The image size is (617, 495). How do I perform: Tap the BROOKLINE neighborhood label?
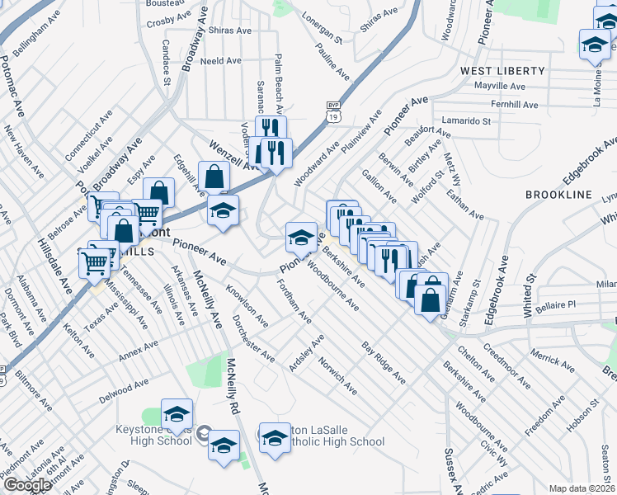[x=558, y=194]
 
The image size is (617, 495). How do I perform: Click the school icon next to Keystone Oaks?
[x=177, y=412]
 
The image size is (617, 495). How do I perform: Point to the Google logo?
[x=27, y=484]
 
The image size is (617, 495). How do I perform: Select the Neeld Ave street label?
[x=220, y=61]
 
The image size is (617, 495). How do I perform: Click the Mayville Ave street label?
[x=500, y=86]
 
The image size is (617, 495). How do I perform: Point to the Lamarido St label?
[x=465, y=120]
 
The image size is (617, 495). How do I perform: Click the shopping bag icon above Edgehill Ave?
[x=214, y=176]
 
